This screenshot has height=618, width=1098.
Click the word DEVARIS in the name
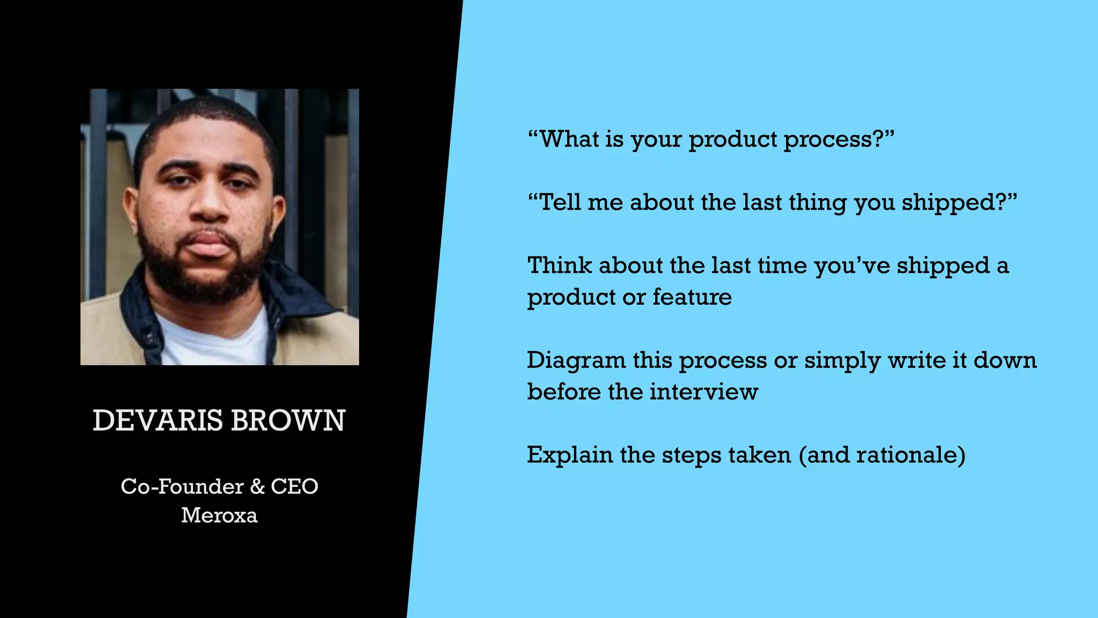(157, 421)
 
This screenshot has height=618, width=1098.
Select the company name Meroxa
(219, 516)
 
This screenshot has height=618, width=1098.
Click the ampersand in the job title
(257, 487)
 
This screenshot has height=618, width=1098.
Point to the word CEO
(294, 487)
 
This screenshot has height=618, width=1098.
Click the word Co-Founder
(182, 487)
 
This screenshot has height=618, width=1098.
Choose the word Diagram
(576, 360)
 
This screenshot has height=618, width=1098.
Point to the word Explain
(569, 455)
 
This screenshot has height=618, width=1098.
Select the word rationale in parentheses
(906, 455)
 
